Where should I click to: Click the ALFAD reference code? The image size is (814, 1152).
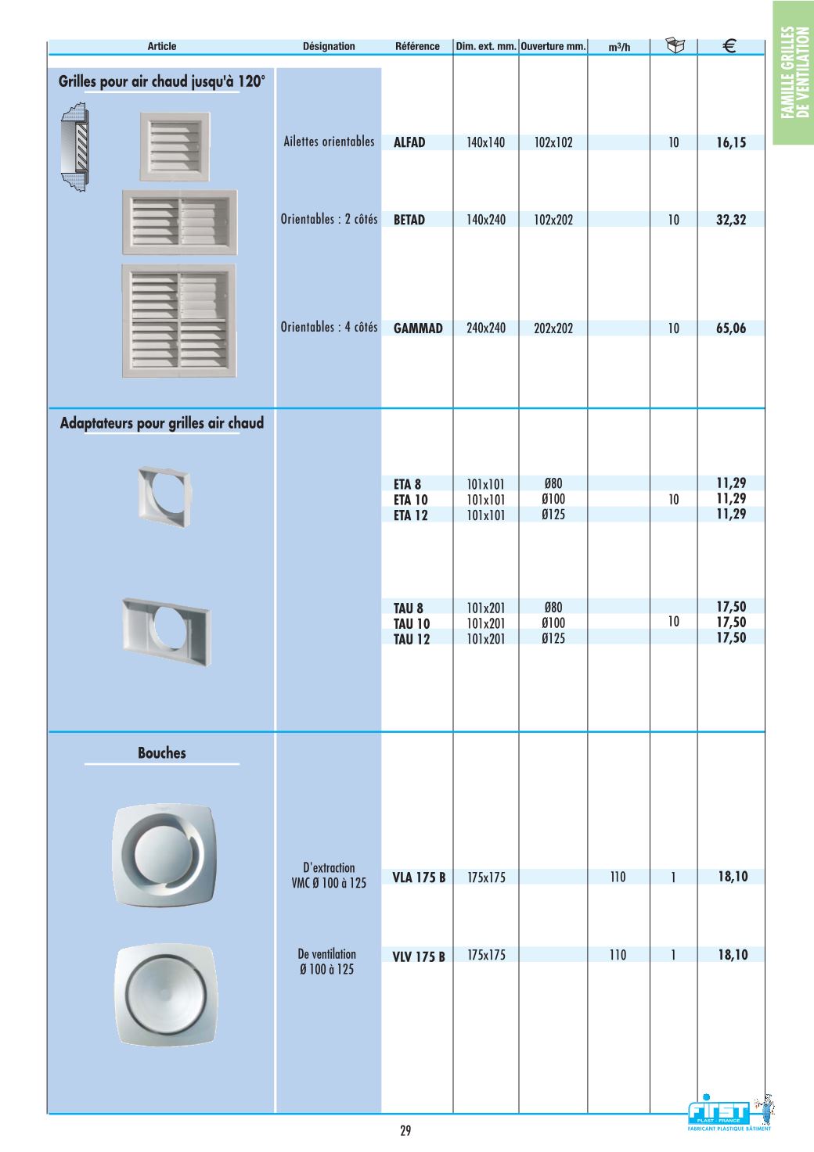(x=409, y=142)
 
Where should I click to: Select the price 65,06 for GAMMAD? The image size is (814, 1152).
(x=731, y=328)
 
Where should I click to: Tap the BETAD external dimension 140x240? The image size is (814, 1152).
(x=486, y=220)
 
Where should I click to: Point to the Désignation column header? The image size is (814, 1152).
(x=329, y=46)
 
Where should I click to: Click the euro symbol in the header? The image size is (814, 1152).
(x=729, y=46)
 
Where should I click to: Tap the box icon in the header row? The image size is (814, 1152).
(x=675, y=45)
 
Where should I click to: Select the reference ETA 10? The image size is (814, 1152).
(x=411, y=500)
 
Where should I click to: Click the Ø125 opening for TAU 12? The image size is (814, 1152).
(x=553, y=638)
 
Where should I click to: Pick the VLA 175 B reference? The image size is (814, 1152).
(x=419, y=877)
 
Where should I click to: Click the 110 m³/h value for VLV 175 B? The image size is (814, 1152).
(x=618, y=955)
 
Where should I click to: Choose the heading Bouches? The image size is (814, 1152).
(x=162, y=753)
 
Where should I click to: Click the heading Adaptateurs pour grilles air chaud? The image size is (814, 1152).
(x=162, y=423)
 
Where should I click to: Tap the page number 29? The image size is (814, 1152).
(x=405, y=1130)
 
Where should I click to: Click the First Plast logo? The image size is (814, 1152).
(x=720, y=1113)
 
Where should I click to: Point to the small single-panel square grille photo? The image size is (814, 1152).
(x=175, y=145)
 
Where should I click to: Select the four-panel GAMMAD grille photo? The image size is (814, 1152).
(x=178, y=321)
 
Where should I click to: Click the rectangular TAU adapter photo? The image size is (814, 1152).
(x=166, y=630)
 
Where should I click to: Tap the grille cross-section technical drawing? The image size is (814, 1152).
(x=75, y=149)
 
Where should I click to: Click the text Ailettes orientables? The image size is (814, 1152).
(x=329, y=142)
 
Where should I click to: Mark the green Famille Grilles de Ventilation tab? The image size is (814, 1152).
(x=794, y=72)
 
